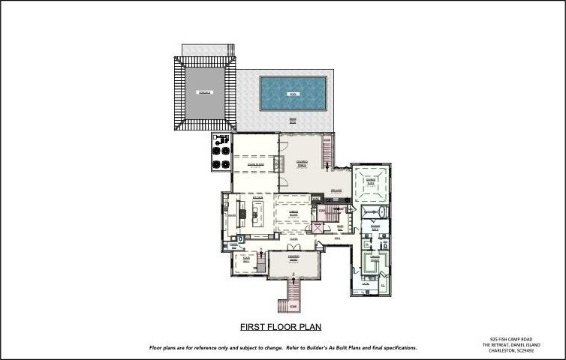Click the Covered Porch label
(303, 162)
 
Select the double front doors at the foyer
(294, 245)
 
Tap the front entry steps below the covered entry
(293, 292)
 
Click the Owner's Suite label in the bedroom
(371, 181)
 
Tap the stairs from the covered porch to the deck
(327, 153)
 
